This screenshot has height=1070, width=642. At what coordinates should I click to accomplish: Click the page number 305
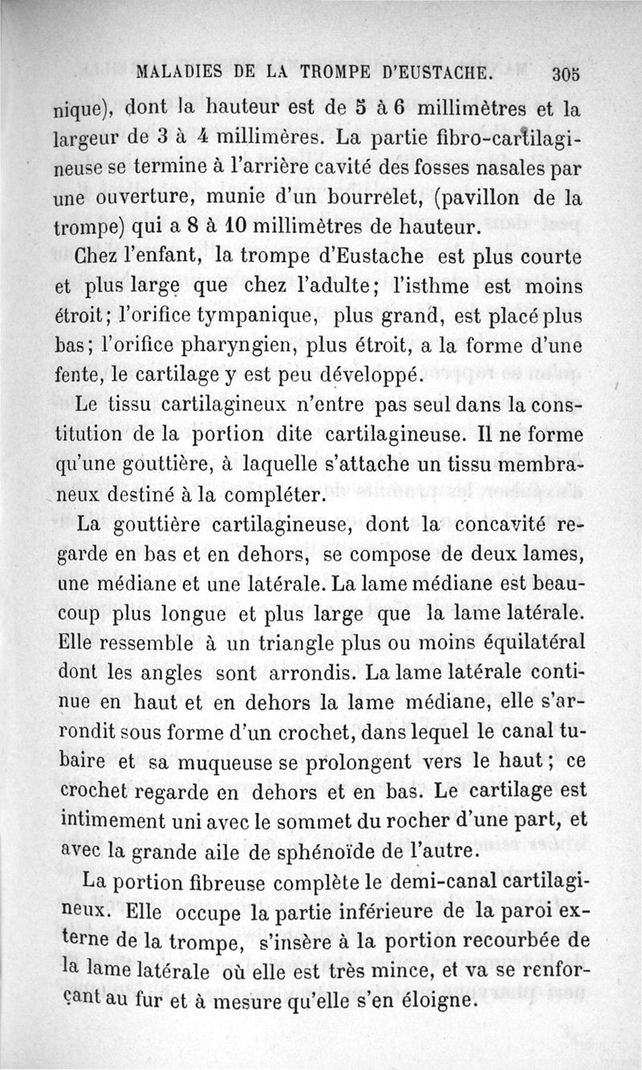(566, 75)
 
